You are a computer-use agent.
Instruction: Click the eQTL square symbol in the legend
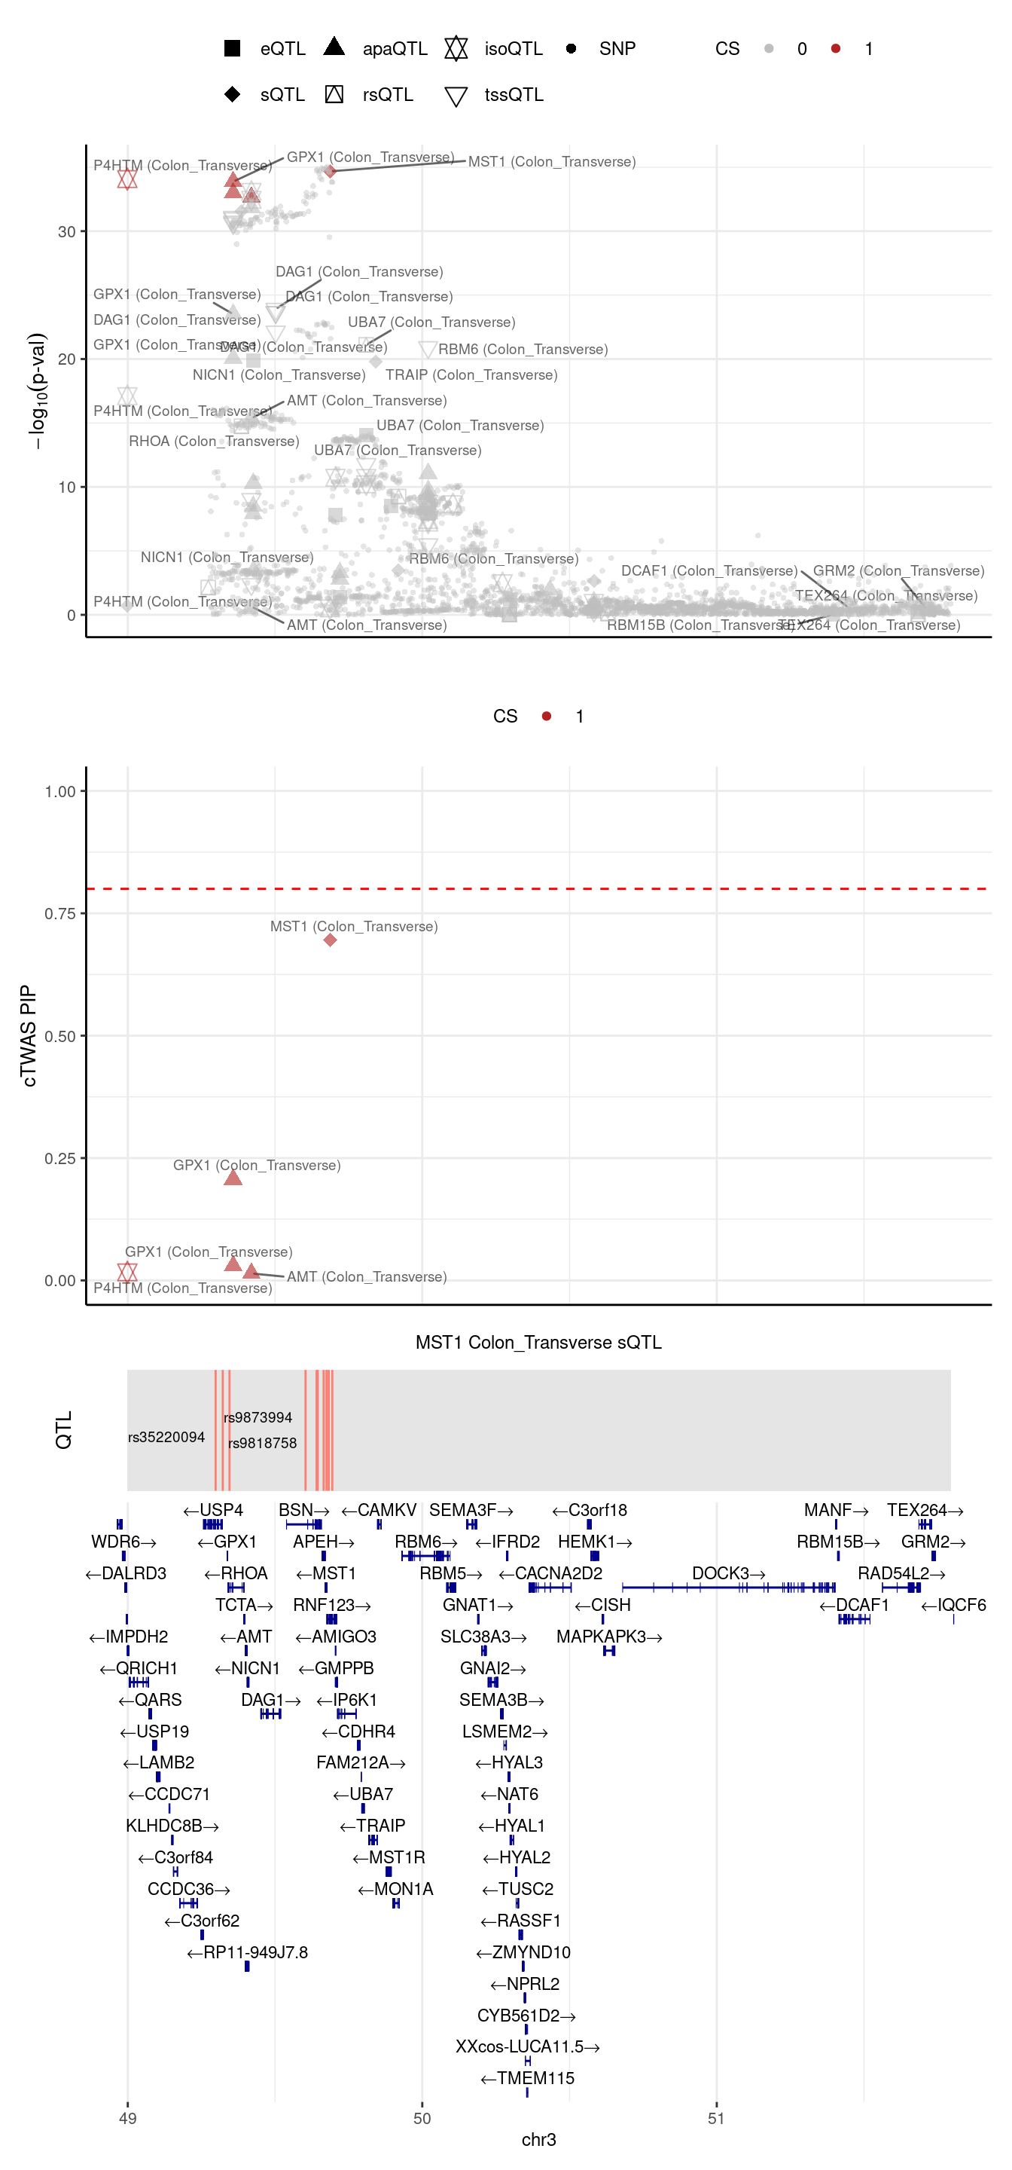tap(233, 48)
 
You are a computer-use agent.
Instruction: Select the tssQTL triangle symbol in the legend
tap(456, 96)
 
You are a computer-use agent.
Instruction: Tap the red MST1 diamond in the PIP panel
tap(330, 940)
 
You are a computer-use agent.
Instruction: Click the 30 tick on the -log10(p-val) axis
tap(66, 231)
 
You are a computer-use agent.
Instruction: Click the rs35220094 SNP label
tap(166, 1437)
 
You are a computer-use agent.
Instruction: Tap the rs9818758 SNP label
tap(262, 1443)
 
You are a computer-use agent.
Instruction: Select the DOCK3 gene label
tap(728, 1573)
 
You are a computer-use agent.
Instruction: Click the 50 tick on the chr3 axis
tap(422, 2118)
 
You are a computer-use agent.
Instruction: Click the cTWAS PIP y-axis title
tap(29, 1035)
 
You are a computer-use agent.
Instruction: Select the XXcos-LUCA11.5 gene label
tap(527, 2046)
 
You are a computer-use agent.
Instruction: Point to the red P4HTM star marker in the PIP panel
tap(127, 1271)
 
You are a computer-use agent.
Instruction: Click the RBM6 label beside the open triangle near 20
tap(522, 350)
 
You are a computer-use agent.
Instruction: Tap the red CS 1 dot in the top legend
tap(835, 49)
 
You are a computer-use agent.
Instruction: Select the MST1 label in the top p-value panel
tap(551, 162)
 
